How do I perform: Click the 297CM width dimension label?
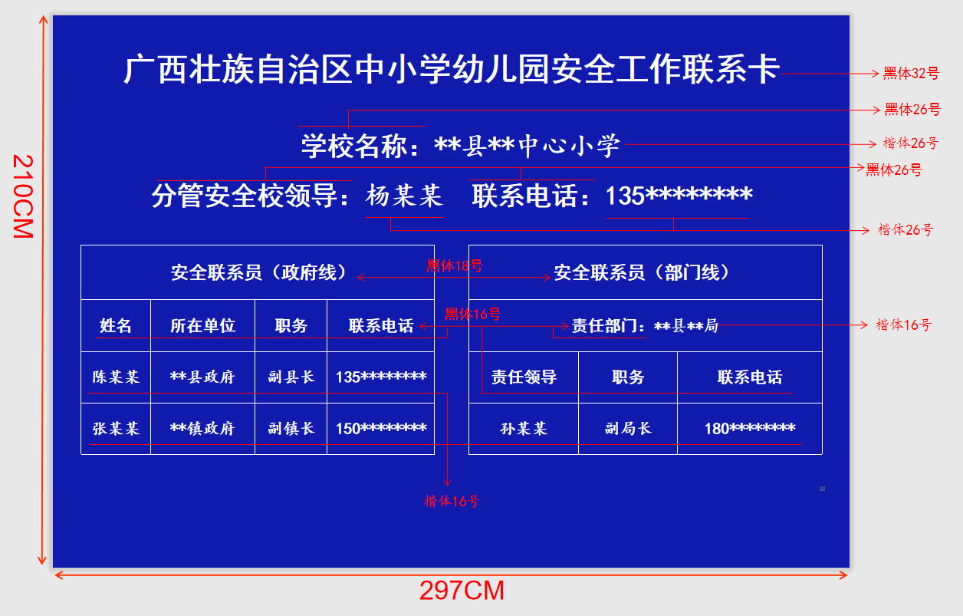coord(462,590)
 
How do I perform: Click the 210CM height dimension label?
coord(23,196)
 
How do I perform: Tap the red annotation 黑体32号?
coord(911,73)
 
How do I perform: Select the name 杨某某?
coord(404,196)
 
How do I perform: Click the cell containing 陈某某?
coord(116,377)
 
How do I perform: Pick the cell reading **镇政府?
coord(202,428)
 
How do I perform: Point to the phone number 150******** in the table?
coord(381,428)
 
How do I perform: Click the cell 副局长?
coord(628,428)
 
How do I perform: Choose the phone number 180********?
coord(750,428)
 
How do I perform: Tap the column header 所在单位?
coord(202,325)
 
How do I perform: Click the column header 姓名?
coord(116,325)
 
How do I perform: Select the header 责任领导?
coord(524,377)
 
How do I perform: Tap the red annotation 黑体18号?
coord(455,266)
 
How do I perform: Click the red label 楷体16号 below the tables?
coord(452,501)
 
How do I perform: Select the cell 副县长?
coord(291,377)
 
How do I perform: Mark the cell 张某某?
coord(116,428)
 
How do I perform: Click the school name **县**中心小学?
coord(527,146)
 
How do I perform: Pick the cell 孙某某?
coord(524,428)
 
